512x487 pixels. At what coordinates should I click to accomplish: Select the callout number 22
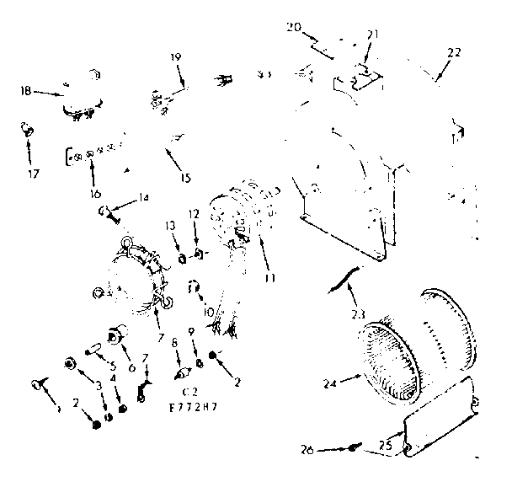454,52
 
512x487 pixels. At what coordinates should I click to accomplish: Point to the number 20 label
294,27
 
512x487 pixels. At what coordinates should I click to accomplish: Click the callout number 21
373,35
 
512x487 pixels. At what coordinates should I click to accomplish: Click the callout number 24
329,383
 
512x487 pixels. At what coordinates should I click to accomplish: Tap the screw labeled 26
356,449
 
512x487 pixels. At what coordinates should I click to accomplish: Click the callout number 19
176,58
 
